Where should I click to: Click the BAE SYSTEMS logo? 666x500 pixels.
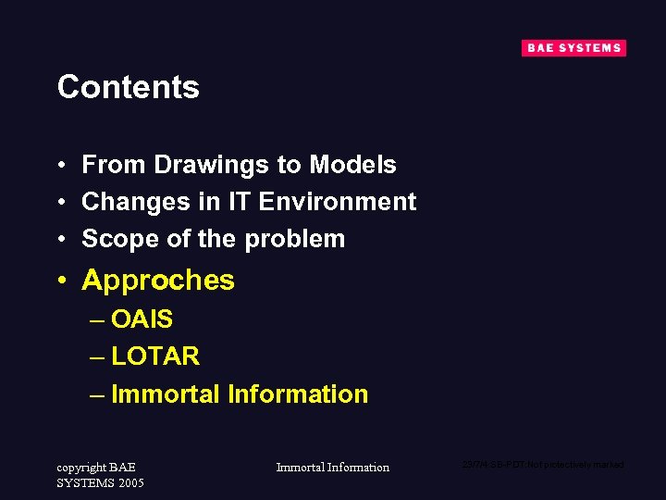(x=573, y=48)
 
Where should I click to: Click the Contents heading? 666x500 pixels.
(x=128, y=87)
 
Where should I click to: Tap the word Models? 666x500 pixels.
(x=352, y=165)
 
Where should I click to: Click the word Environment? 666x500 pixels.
(x=338, y=202)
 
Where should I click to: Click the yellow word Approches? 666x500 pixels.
(x=158, y=281)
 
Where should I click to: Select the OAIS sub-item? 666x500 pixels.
(x=142, y=319)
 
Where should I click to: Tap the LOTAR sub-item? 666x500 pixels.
(x=154, y=356)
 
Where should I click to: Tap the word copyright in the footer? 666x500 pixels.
(x=81, y=467)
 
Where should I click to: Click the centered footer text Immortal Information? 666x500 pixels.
(x=333, y=468)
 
